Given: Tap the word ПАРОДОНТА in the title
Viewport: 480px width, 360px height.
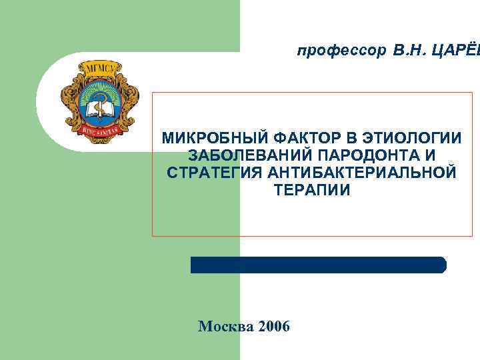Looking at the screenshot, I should click(x=369, y=156).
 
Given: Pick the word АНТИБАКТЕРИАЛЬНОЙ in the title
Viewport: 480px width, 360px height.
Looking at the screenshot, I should click(x=363, y=173).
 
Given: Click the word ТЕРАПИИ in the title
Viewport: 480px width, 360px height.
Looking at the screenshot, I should click(x=311, y=191).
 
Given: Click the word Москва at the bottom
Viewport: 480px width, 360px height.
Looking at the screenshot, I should click(x=226, y=327).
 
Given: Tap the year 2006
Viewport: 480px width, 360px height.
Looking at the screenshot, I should click(x=273, y=327).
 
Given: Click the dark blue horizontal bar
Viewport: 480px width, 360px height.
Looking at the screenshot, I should click(x=319, y=265).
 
